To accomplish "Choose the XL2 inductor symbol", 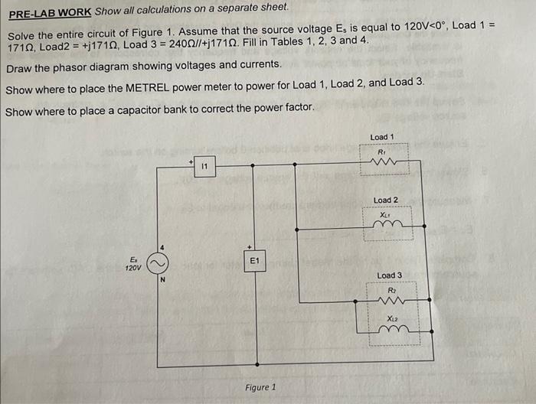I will pos(391,330).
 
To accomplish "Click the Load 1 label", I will pos(381,137).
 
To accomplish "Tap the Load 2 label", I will pos(385,200).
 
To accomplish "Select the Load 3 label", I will pos(389,275).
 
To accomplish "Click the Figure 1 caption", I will pos(260,387).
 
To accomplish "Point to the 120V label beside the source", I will pos(133,269).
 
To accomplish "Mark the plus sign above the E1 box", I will pos(247,247).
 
